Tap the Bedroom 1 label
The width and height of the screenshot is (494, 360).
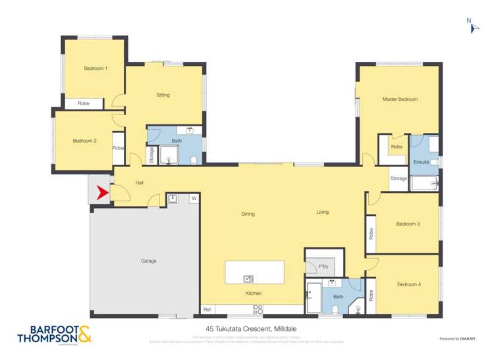96,68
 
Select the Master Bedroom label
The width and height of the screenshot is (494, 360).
400,99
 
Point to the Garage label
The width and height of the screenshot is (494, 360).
148,261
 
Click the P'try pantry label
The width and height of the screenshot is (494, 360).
323,267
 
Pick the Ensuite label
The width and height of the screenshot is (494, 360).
421,162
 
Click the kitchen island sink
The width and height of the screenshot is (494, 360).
249,278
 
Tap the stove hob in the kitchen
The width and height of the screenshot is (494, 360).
258,309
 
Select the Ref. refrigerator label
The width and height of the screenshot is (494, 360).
207,309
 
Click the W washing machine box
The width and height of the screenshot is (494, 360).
194,198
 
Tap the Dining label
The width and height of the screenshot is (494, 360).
248,214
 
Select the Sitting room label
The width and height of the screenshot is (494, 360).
163,95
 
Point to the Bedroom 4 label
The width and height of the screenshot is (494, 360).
408,284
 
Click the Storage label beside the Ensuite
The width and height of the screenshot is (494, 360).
398,178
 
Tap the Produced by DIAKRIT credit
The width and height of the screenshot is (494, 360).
457,339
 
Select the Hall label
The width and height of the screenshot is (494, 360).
140,183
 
